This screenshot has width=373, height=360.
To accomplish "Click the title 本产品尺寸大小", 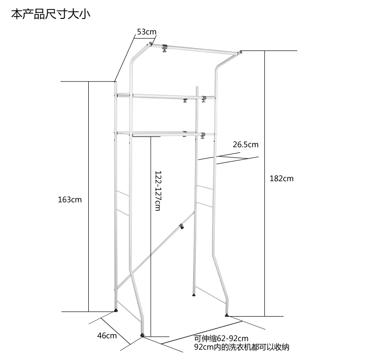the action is point(51,15).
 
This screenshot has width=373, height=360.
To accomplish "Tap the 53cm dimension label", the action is point(146,32).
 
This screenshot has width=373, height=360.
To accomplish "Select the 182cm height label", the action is point(282,178).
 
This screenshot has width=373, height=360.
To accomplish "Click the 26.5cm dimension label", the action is point(246,144).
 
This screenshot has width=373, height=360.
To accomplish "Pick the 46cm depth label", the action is point(107,336).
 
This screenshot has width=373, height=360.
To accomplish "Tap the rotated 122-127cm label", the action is point(158,191).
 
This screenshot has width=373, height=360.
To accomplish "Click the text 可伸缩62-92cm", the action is point(221,339).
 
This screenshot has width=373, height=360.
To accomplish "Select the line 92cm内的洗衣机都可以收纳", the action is point(241,347).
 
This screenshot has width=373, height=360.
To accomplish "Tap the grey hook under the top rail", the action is point(165,49).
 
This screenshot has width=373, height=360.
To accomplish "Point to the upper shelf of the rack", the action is point(161,96).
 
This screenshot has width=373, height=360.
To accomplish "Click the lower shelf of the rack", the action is point(161,134).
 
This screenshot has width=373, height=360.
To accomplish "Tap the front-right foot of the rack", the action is point(227,315).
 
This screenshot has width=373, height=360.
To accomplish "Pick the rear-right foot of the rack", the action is point(194,295).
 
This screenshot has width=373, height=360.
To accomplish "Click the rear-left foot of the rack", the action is point(116,310).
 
